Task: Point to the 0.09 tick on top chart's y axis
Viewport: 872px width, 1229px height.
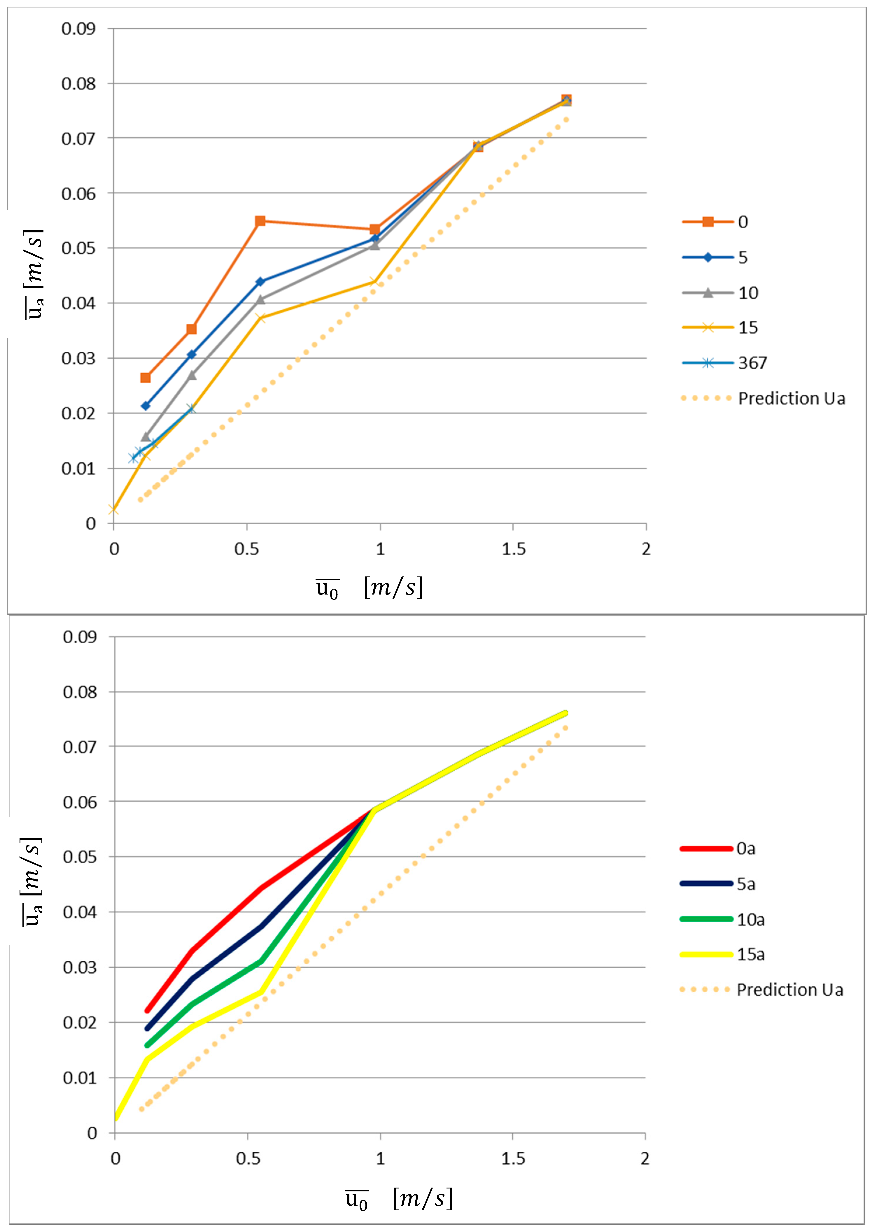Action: (78, 29)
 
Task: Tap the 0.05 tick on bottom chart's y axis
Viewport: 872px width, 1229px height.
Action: (79, 857)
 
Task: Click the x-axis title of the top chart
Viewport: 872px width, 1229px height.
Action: (370, 588)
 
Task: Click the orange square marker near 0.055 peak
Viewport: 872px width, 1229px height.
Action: (260, 221)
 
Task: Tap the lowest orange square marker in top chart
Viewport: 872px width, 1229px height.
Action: (145, 378)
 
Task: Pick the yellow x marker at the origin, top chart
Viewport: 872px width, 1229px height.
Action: (113, 509)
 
